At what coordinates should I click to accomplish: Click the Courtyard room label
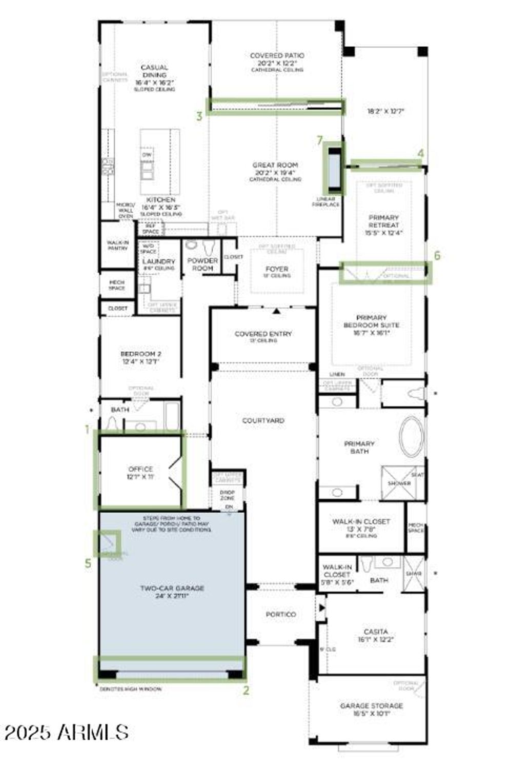click(x=263, y=420)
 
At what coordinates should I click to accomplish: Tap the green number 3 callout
click(x=199, y=116)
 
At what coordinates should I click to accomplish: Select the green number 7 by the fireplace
click(x=320, y=140)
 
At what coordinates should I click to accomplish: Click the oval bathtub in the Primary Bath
click(x=411, y=437)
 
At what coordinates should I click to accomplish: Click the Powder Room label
click(x=203, y=264)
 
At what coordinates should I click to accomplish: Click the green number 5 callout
click(x=88, y=563)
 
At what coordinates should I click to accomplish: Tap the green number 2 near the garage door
click(x=246, y=690)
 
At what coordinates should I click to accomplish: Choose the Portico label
click(x=280, y=614)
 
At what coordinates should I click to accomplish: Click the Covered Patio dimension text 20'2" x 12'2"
click(x=277, y=63)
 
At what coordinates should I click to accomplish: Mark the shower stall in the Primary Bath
click(x=399, y=482)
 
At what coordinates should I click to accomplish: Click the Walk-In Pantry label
click(x=117, y=245)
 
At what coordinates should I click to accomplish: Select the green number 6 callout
click(x=437, y=255)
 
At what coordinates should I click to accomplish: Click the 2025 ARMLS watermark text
click(x=67, y=732)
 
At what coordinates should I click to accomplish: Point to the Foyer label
click(x=277, y=269)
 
